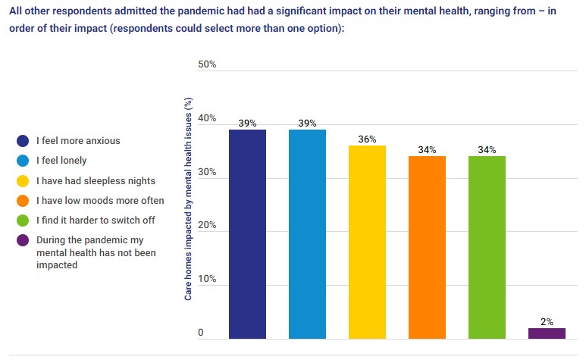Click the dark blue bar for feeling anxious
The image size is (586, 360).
click(247, 234)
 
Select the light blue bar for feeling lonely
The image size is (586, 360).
click(307, 234)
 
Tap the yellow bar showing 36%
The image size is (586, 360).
click(367, 243)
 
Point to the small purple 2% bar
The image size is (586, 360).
click(547, 333)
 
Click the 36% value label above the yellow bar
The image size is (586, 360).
click(368, 139)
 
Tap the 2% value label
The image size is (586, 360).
click(547, 321)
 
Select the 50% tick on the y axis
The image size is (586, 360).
click(207, 64)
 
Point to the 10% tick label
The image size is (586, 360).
click(207, 280)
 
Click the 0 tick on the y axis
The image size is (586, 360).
click(201, 333)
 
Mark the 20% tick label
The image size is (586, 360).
click(207, 226)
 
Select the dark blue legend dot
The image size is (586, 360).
click(23, 141)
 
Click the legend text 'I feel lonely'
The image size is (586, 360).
click(61, 161)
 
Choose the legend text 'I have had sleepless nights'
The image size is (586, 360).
click(96, 180)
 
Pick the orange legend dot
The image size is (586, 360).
click(23, 201)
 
